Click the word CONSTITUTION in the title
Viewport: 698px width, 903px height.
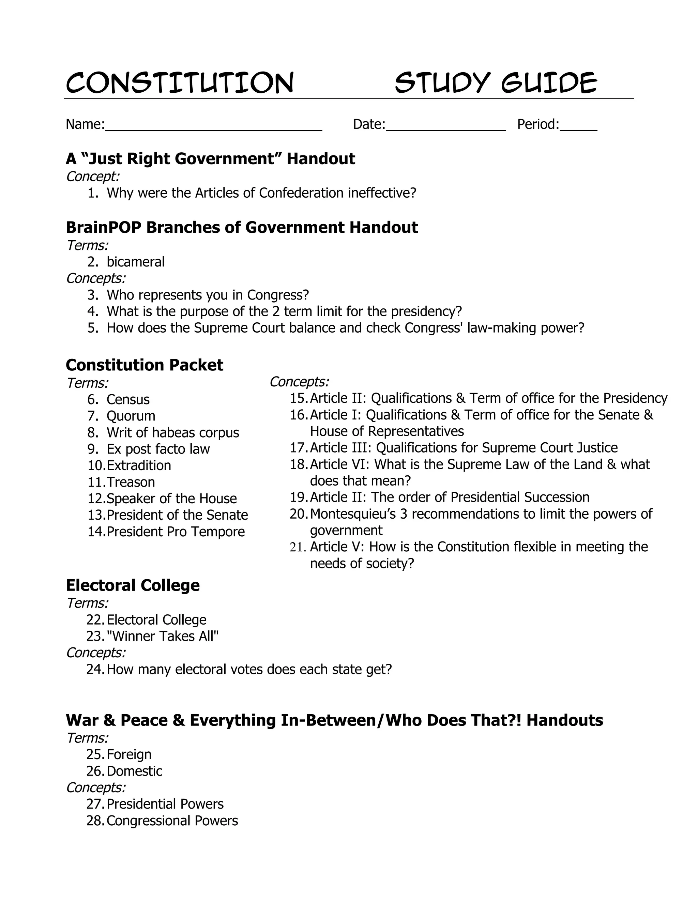(x=180, y=83)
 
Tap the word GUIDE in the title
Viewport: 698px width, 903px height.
(x=549, y=83)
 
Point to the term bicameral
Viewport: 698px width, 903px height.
(x=135, y=262)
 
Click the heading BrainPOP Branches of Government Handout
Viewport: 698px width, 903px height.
(x=242, y=227)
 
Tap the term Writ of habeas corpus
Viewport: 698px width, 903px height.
(x=172, y=432)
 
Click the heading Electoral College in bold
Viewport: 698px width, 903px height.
(x=132, y=585)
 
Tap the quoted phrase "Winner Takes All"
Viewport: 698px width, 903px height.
(x=163, y=636)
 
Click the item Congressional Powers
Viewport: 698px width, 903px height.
(x=172, y=821)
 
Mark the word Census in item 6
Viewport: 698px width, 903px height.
(x=128, y=399)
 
